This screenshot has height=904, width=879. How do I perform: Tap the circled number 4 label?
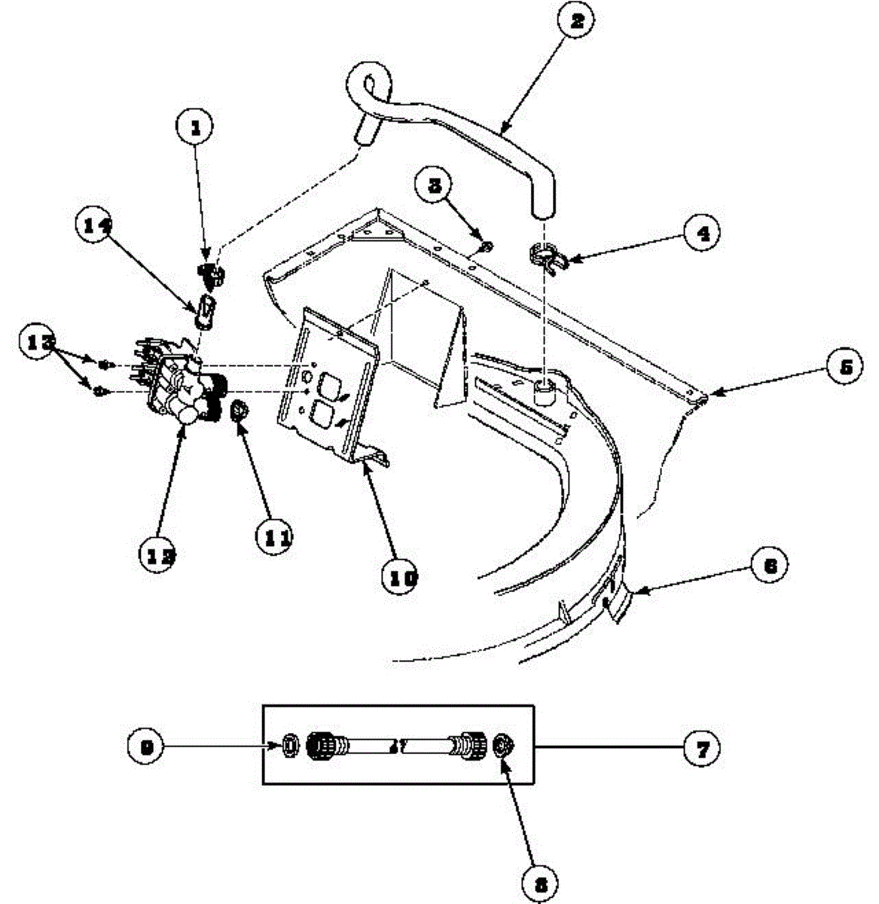701,233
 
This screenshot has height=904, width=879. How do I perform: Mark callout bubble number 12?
160,554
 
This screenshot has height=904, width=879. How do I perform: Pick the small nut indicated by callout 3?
487,245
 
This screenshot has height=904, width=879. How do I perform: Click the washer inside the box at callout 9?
289,746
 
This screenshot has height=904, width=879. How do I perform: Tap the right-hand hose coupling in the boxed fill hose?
468,746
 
